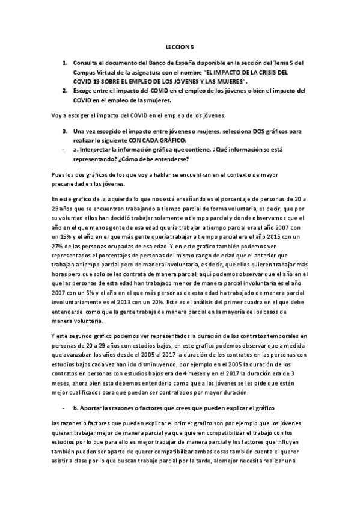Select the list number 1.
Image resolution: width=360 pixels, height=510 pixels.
(64, 62)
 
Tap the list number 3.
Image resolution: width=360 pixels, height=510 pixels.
(64, 131)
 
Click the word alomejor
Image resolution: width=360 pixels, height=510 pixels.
(239, 461)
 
